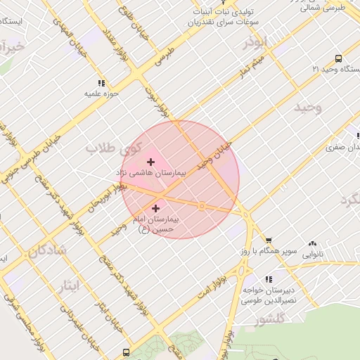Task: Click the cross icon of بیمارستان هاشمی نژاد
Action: pos(150,162)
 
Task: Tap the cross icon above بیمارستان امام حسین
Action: pos(155,208)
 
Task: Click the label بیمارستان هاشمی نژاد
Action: pos(150,172)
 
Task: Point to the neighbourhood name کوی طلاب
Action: pos(113,148)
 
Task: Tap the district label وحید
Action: pos(307,108)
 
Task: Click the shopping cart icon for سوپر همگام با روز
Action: pos(268,241)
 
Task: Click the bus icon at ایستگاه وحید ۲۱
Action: pos(339,59)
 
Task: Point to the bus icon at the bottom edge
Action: pos(126,352)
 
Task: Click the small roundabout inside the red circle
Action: pos(202,206)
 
